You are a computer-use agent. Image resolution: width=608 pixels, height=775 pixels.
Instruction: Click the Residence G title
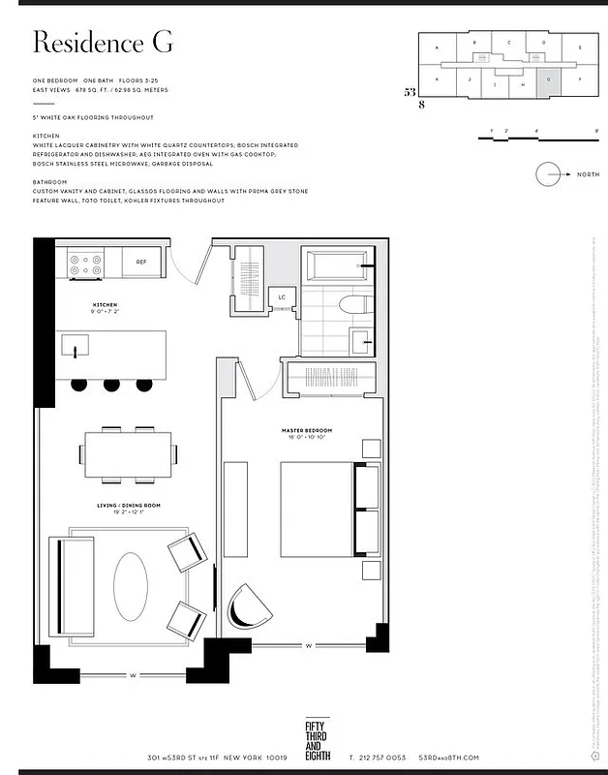pyautogui.click(x=103, y=43)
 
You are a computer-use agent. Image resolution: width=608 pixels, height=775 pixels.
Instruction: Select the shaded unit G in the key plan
pyautogui.click(x=549, y=82)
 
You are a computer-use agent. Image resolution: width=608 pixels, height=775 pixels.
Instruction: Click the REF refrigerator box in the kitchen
pyautogui.click(x=141, y=262)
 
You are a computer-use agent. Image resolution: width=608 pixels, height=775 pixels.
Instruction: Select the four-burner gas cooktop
pyautogui.click(x=86, y=263)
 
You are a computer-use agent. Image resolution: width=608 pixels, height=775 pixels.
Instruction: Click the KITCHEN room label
pyautogui.click(x=105, y=305)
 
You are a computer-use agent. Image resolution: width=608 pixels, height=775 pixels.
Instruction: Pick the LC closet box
pyautogui.click(x=283, y=297)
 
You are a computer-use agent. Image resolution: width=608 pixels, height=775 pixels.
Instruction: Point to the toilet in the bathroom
pyautogui.click(x=354, y=304)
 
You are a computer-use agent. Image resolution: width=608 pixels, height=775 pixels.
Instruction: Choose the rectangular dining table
pyautogui.click(x=130, y=454)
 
